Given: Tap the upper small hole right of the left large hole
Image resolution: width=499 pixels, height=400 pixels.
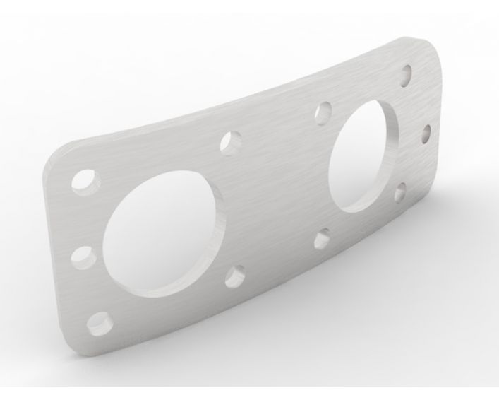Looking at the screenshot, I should pyautogui.click(x=230, y=141).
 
